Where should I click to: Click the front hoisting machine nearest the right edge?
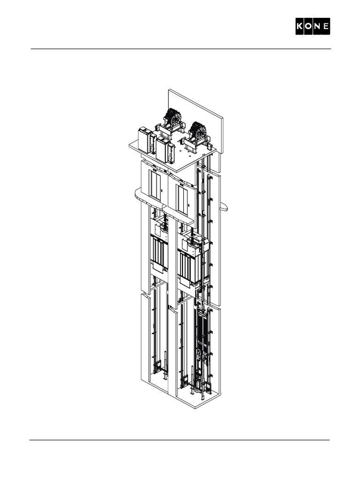198,131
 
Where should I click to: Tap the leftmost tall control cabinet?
143,140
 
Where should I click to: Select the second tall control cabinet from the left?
163,149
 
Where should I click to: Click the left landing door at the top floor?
155,185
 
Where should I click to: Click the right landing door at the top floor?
182,199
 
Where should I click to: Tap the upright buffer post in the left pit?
165,370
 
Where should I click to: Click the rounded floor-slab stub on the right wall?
224,207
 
